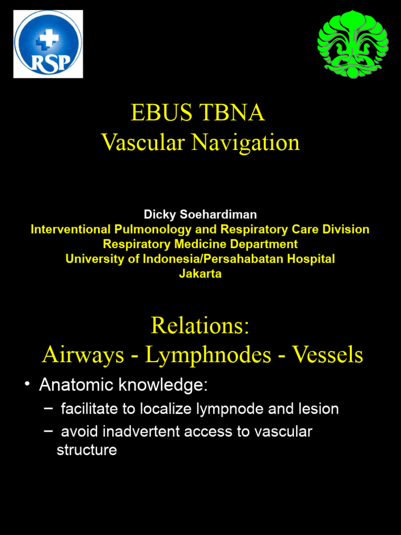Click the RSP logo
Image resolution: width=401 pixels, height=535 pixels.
(48, 44)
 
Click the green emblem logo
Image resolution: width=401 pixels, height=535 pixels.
(353, 44)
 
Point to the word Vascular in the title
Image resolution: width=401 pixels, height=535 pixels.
(143, 142)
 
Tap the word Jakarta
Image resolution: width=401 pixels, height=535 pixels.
(200, 273)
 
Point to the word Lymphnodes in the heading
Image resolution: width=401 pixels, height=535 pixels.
(208, 355)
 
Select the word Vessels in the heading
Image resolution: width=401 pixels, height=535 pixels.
(327, 355)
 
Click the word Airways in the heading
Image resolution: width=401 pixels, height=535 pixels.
(83, 355)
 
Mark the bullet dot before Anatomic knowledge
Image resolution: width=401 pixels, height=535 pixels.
(27, 386)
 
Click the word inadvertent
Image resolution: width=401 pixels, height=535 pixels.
(144, 432)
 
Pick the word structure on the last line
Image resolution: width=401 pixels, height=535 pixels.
(87, 450)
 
